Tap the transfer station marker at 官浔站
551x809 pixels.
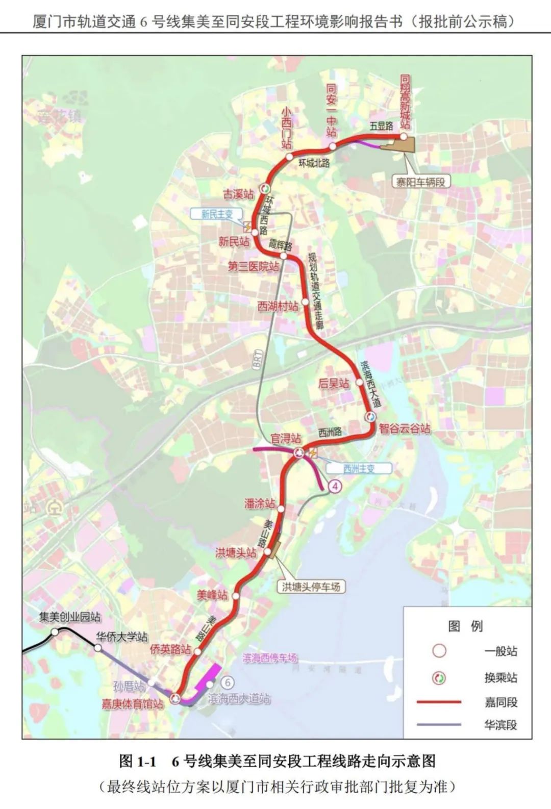click(299, 451)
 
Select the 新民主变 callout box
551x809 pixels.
click(216, 214)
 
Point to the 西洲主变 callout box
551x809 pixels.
click(359, 468)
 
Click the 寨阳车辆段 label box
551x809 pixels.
click(421, 182)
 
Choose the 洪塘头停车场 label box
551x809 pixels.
click(311, 587)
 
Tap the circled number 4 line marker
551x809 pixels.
click(335, 487)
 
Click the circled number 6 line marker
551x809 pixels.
click(228, 682)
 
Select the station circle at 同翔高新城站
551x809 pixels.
click(403, 136)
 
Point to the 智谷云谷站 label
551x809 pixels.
click(405, 428)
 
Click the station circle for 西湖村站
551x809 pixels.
click(305, 302)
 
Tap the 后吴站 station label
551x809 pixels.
click(334, 384)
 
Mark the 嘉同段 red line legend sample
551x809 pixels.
click(439, 702)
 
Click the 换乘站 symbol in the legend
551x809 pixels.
click(439, 678)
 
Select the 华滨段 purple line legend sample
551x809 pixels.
click(439, 724)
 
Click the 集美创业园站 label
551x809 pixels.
click(70, 617)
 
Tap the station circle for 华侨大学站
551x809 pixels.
click(97, 648)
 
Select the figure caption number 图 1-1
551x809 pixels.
click(137, 762)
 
